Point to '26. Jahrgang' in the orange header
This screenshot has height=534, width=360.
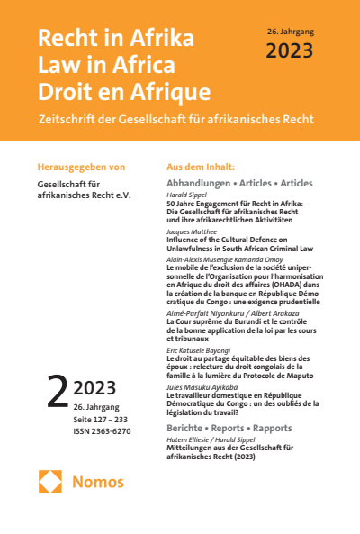(291, 32)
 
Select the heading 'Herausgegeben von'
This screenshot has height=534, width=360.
(81, 167)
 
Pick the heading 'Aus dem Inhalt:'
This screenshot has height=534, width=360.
(201, 167)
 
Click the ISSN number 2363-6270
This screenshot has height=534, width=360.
(112, 430)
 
